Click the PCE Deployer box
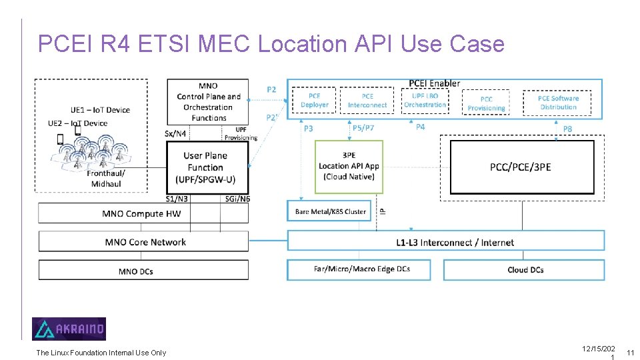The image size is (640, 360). pos(314,101)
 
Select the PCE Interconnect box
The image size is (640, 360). pos(367,101)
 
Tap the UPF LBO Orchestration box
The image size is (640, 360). pos(425,101)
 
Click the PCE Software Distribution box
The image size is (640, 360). pos(558,103)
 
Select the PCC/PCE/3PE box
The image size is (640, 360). pos(521,167)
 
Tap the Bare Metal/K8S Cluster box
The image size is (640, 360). pos(331,211)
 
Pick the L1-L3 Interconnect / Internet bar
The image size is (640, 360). pos(445,242)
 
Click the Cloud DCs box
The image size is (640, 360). pos(525,269)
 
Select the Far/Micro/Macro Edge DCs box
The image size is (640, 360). pos(362,269)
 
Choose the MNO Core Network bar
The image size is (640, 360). pos(144,242)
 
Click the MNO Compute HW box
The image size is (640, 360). pos(142,213)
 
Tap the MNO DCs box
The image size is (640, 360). pos(144,271)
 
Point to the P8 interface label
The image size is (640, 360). pos(567,129)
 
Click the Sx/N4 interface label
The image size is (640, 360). pos(175,133)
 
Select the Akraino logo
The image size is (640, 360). pos(69,329)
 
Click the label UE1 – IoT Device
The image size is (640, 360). pos(100,110)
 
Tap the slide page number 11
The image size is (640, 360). pos(630,353)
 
